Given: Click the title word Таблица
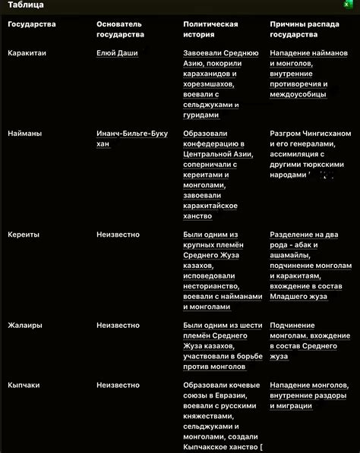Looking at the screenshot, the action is (25, 6).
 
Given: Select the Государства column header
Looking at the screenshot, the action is (32, 24).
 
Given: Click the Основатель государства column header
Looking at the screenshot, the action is (119, 30).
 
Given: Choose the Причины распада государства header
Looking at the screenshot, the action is (299, 30).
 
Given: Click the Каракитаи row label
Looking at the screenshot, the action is (28, 53).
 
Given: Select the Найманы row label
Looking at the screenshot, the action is (25, 133).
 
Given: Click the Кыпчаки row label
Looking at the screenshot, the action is (25, 385).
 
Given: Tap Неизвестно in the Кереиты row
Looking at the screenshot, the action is (118, 234).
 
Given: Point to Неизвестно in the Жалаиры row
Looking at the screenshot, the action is (118, 325).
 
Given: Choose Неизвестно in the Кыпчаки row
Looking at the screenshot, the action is (118, 385).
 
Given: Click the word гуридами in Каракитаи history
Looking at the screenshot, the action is (201, 115).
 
